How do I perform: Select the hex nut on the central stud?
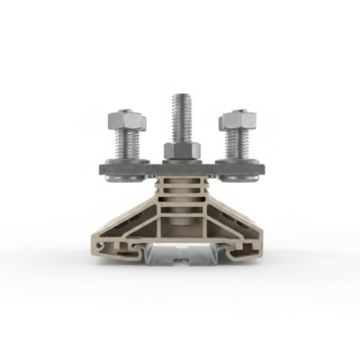[180, 149]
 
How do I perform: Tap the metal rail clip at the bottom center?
[180, 258]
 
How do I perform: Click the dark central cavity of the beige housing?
[180, 220]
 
